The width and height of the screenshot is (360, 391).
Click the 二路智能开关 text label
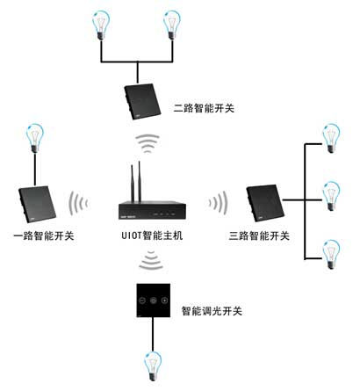click(x=204, y=108)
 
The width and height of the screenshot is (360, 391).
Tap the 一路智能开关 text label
click(x=44, y=235)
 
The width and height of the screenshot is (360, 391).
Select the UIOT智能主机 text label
click(x=152, y=235)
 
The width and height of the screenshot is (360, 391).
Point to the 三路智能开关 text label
click(x=259, y=235)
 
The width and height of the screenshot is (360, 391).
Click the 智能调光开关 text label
click(x=212, y=311)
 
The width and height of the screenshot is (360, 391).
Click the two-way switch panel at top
click(x=142, y=101)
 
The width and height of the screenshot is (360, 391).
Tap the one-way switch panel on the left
click(x=37, y=204)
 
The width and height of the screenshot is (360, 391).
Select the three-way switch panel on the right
click(x=265, y=203)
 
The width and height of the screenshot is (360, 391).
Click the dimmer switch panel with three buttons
click(x=154, y=300)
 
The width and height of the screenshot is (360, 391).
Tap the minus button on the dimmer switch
click(x=142, y=300)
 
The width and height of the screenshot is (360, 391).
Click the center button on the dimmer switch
click(x=154, y=300)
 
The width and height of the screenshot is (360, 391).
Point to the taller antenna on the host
click(x=140, y=182)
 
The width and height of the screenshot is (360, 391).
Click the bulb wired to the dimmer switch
click(x=153, y=366)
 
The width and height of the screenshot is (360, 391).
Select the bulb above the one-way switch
click(x=35, y=138)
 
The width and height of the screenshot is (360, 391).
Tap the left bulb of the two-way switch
click(x=101, y=25)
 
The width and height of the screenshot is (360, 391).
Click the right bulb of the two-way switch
click(x=172, y=25)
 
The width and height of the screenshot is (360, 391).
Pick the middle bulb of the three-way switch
click(x=331, y=196)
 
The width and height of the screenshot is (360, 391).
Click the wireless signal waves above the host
click(x=148, y=143)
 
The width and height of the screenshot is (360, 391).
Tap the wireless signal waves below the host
click(x=151, y=260)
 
